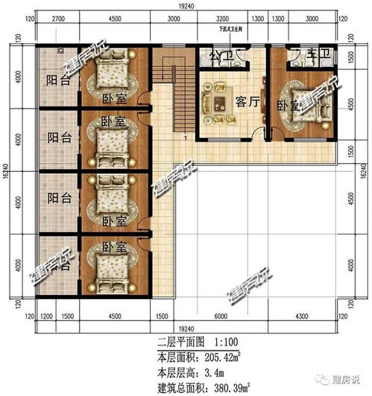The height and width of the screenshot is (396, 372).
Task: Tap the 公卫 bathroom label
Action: coord(219,57)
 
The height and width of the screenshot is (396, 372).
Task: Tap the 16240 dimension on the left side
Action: coord(7,176)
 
